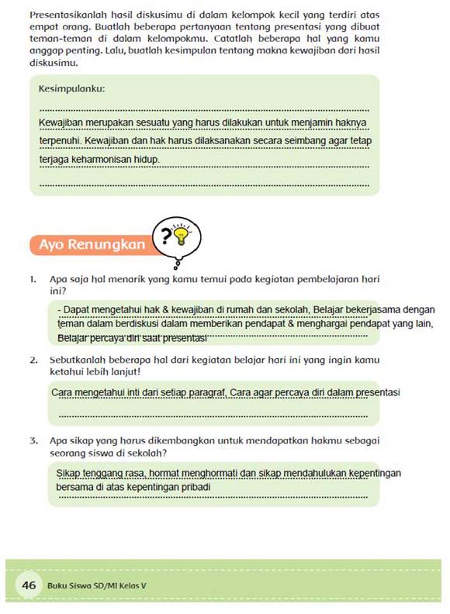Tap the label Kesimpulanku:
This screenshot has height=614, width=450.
(72, 88)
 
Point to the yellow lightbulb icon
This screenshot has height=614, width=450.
(182, 233)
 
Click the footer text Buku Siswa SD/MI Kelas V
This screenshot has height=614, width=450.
(96, 585)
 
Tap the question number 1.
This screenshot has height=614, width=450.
(34, 278)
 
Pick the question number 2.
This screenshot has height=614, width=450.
(34, 360)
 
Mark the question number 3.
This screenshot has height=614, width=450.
(34, 441)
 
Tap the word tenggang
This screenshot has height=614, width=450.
(106, 473)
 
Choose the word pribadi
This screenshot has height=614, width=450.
(194, 488)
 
